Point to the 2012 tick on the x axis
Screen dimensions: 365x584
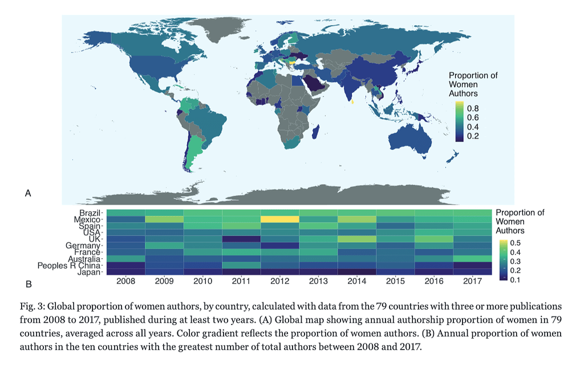point(279,281)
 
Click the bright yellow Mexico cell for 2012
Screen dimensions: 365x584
point(279,220)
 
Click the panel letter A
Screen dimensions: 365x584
point(28,194)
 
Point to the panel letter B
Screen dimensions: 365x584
point(28,283)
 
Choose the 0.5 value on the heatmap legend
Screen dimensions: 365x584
point(515,242)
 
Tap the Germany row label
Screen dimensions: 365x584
point(84,246)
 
